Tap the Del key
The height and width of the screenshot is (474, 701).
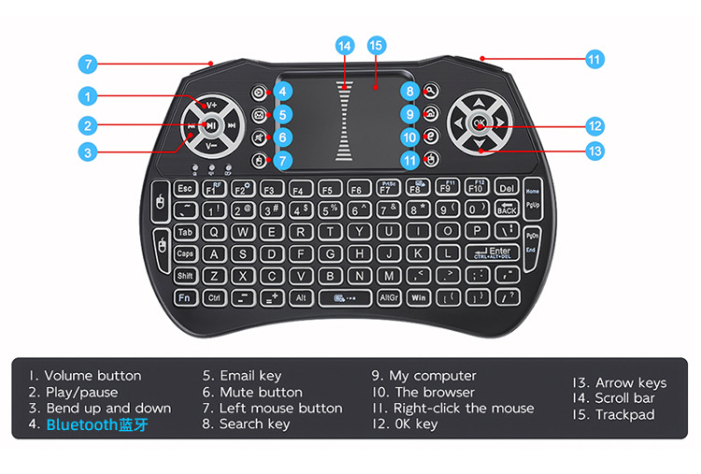click(x=507, y=189)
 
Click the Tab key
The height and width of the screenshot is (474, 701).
click(x=185, y=232)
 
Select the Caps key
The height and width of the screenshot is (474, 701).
click(x=185, y=253)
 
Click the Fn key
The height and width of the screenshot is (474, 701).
click(x=185, y=298)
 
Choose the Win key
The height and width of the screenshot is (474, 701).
click(x=419, y=298)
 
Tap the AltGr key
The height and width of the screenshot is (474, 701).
click(x=389, y=298)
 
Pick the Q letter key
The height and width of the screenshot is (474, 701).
click(x=215, y=232)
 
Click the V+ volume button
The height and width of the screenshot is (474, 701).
click(x=211, y=105)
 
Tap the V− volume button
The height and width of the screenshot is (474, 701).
click(x=211, y=145)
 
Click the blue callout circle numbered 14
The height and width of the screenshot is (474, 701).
click(x=345, y=45)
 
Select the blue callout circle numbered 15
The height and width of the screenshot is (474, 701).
click(x=376, y=45)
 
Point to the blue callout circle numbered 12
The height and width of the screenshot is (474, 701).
click(x=594, y=125)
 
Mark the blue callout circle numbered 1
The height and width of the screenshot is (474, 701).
click(x=87, y=95)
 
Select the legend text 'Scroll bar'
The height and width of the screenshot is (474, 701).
click(x=624, y=398)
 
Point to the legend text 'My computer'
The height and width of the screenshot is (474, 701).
click(x=433, y=376)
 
